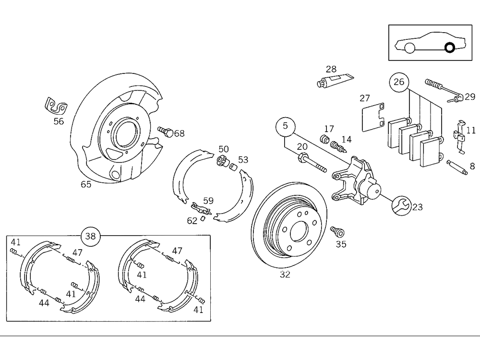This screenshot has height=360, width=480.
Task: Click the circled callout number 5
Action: (x=285, y=127)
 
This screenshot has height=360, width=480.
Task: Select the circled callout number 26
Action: (x=399, y=82)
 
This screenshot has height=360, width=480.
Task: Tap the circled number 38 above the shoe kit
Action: (x=91, y=236)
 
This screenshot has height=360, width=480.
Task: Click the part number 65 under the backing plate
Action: (x=86, y=184)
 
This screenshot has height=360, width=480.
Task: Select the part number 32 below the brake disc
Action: (x=285, y=275)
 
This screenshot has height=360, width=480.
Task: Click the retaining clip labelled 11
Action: (x=459, y=137)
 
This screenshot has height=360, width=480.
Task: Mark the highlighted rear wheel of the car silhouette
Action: (x=450, y=48)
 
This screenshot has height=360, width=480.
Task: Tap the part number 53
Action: (x=243, y=159)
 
